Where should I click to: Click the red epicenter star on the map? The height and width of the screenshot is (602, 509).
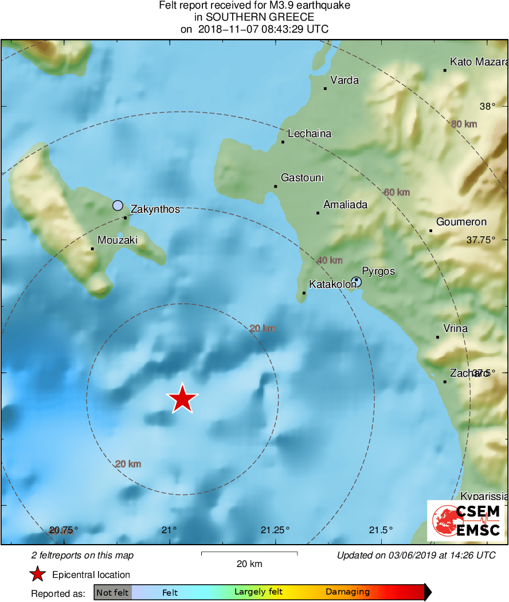(182, 398)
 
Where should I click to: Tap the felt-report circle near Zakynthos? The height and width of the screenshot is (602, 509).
(118, 205)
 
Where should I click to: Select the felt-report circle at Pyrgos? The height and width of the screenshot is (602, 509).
(357, 281)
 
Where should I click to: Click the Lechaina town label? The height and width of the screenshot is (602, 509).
(310, 134)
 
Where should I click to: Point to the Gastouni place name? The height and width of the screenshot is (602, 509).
(302, 178)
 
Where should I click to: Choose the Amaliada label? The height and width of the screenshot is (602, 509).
(345, 205)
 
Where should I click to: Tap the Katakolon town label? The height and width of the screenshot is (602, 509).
(332, 284)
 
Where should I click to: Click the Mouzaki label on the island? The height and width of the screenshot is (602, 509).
(118, 240)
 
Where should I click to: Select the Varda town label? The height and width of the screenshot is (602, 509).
(345, 80)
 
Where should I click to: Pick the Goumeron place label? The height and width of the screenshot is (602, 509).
(461, 222)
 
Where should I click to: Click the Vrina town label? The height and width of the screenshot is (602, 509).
(456, 329)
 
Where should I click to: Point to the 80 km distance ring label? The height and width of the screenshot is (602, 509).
(464, 124)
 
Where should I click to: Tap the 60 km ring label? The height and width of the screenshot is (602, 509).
(397, 192)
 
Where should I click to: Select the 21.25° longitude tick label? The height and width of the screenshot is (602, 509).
(276, 529)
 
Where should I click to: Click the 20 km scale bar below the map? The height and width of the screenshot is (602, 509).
(249, 553)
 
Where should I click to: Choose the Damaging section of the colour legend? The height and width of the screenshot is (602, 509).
(347, 592)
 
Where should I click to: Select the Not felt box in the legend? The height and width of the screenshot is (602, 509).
(112, 592)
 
